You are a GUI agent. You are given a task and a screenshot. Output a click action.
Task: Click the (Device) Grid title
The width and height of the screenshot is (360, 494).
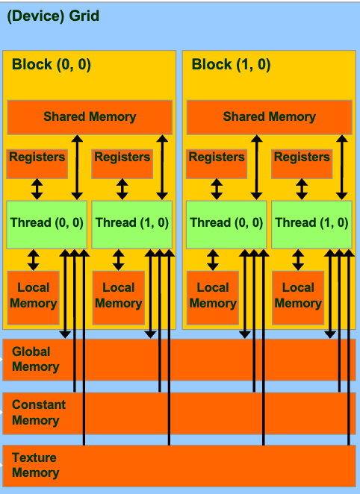[x=52, y=16]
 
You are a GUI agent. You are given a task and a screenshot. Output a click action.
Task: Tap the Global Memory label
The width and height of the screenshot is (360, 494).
[x=35, y=359]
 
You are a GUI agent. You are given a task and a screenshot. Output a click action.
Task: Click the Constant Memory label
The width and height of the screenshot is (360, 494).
[x=39, y=412]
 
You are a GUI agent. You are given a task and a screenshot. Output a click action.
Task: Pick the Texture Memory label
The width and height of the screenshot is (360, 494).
[x=35, y=465]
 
